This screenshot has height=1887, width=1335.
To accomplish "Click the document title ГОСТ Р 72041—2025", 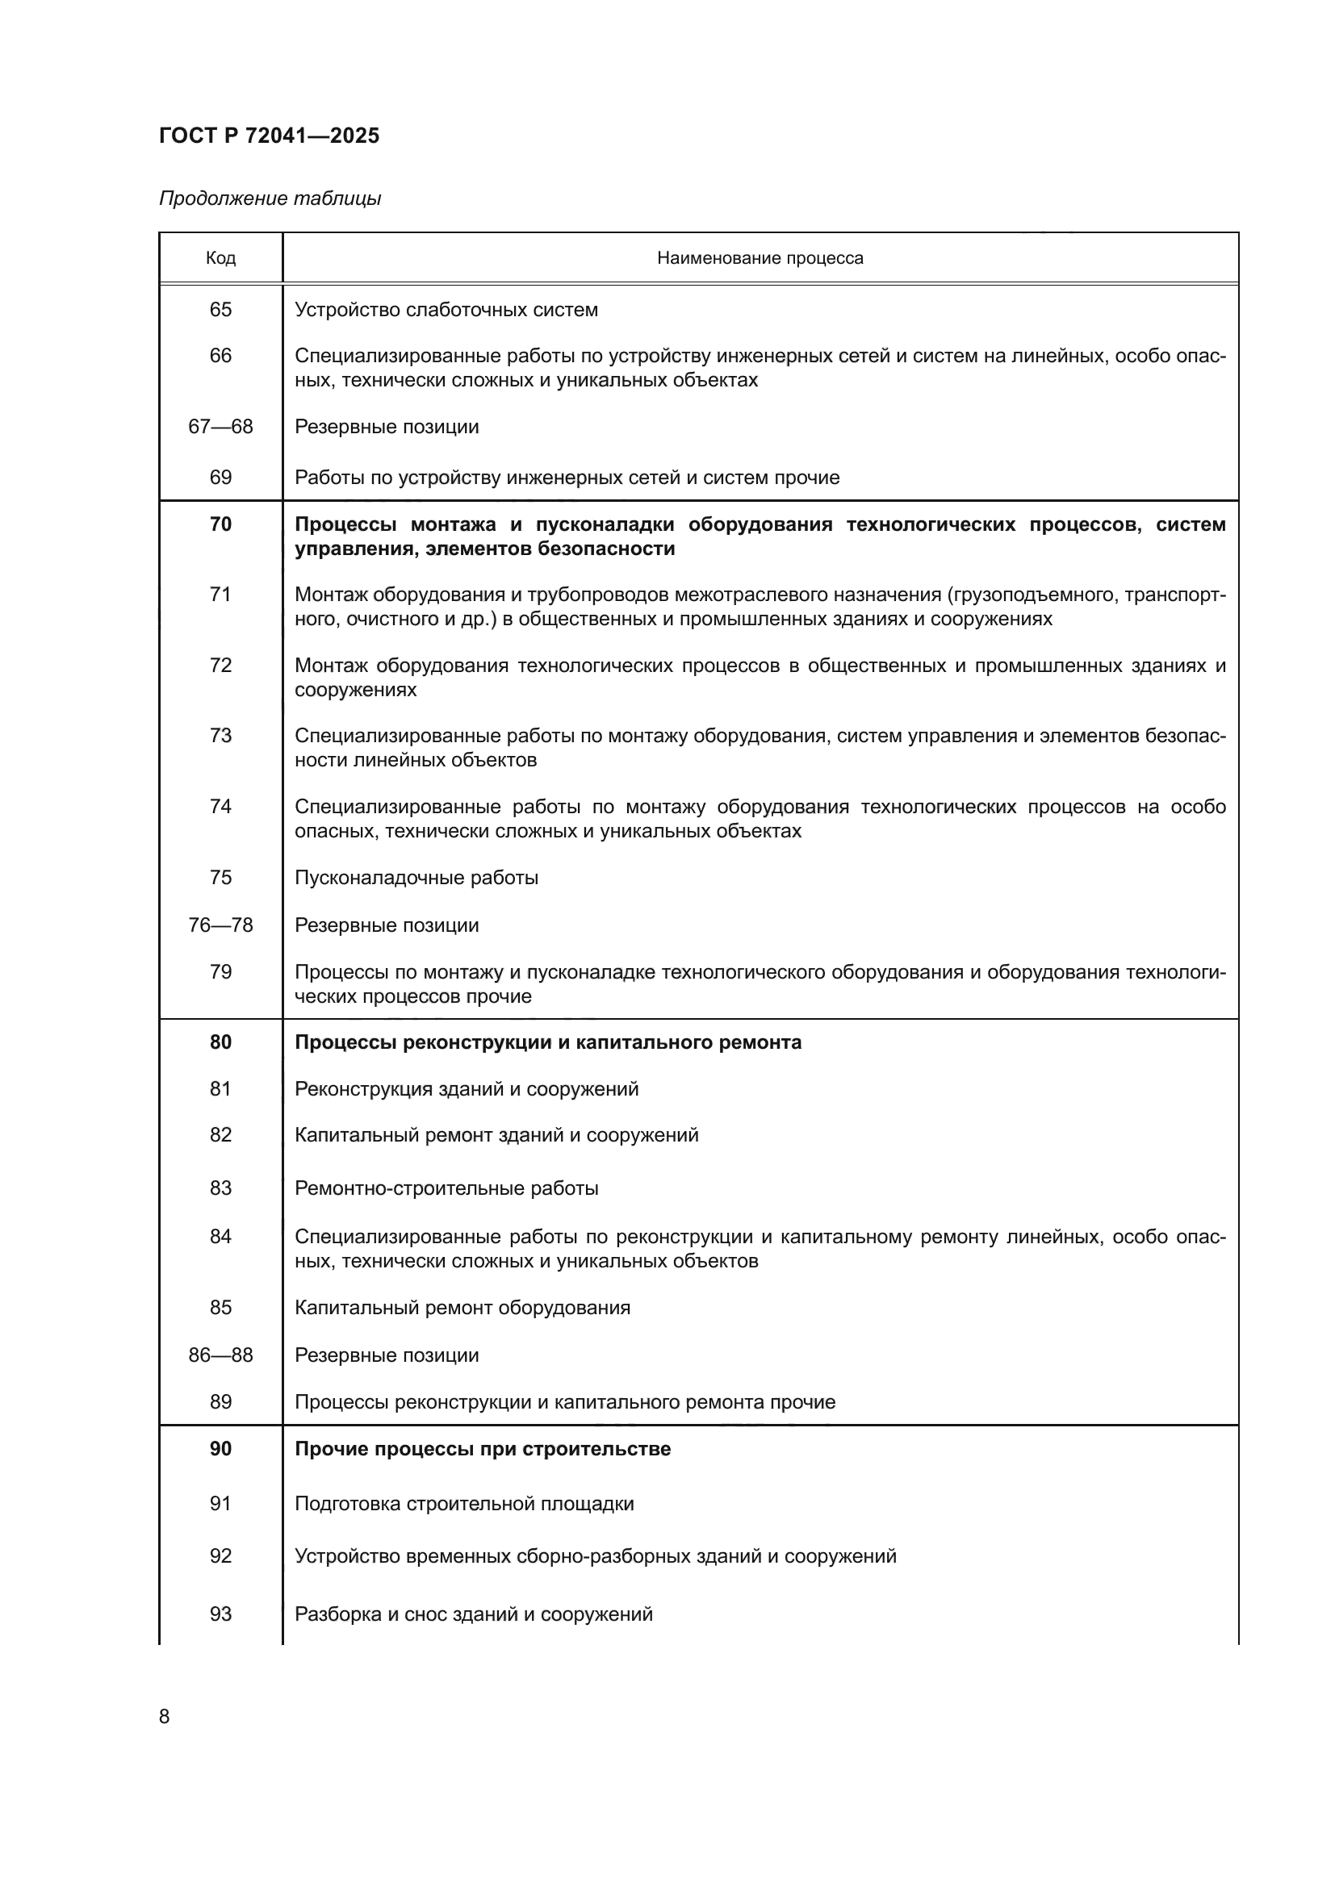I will (269, 136).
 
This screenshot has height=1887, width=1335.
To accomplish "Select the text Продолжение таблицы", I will (270, 198).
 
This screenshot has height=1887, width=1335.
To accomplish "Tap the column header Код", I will (220, 258).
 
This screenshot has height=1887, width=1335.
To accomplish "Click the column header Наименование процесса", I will (760, 258).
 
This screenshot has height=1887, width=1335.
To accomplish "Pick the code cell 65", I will (220, 310).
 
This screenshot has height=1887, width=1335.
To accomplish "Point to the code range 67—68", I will (220, 427).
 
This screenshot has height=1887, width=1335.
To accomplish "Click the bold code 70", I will (220, 524).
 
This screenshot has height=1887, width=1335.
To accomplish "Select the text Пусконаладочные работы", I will (416, 878).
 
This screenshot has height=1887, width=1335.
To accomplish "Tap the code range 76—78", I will (220, 925).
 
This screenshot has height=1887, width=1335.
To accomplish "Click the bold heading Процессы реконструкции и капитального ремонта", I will (547, 1042).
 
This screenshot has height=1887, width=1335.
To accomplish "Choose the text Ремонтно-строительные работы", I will (446, 1188).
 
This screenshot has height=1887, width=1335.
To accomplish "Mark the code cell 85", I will (220, 1307).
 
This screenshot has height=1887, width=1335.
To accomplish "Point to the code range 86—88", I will (220, 1355).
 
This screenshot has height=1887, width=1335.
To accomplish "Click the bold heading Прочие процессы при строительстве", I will (483, 1448).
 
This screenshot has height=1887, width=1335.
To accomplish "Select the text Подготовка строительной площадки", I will (464, 1503).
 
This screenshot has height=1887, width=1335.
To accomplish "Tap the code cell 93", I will (220, 1614).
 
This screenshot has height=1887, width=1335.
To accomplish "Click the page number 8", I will (165, 1716).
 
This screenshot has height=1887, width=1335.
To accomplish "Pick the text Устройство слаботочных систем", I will (446, 310).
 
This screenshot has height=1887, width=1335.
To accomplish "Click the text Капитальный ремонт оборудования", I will (462, 1307).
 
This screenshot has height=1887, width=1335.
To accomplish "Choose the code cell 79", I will (220, 972).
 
